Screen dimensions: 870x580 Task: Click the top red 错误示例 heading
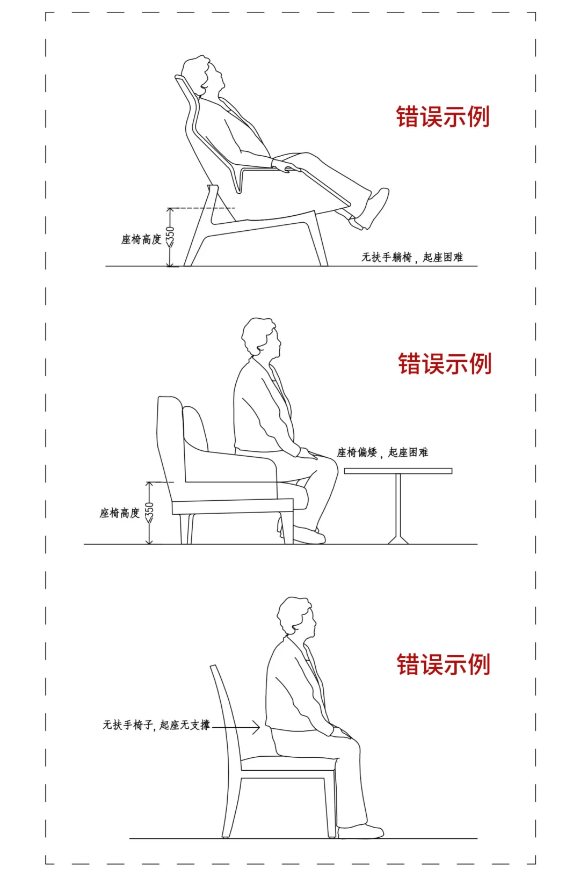click(x=443, y=116)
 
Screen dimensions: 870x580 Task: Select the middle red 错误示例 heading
click(x=445, y=363)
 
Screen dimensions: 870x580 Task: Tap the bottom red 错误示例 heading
click(x=443, y=664)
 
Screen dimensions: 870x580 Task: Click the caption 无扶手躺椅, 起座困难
click(x=412, y=257)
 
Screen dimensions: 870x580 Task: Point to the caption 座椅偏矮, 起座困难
click(x=382, y=452)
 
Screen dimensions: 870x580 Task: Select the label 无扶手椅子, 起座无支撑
click(x=156, y=725)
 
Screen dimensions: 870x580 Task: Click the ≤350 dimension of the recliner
click(x=170, y=237)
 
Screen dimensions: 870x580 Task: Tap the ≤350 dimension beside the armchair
click(x=149, y=512)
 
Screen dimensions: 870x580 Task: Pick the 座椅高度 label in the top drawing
click(x=141, y=239)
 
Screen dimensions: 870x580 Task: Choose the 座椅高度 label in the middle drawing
click(x=119, y=513)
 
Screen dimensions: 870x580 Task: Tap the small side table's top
click(x=398, y=471)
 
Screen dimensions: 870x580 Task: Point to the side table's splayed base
click(x=398, y=539)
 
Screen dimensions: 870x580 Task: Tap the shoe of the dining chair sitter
click(x=361, y=832)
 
